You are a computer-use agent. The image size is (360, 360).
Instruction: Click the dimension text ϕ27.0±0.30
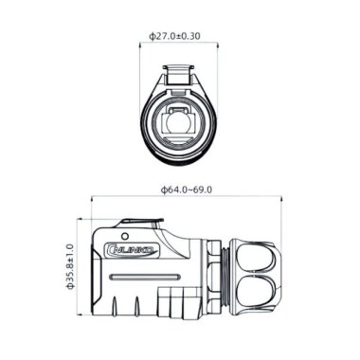click(180, 36)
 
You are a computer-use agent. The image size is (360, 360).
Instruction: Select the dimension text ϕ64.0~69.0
click(186, 189)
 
